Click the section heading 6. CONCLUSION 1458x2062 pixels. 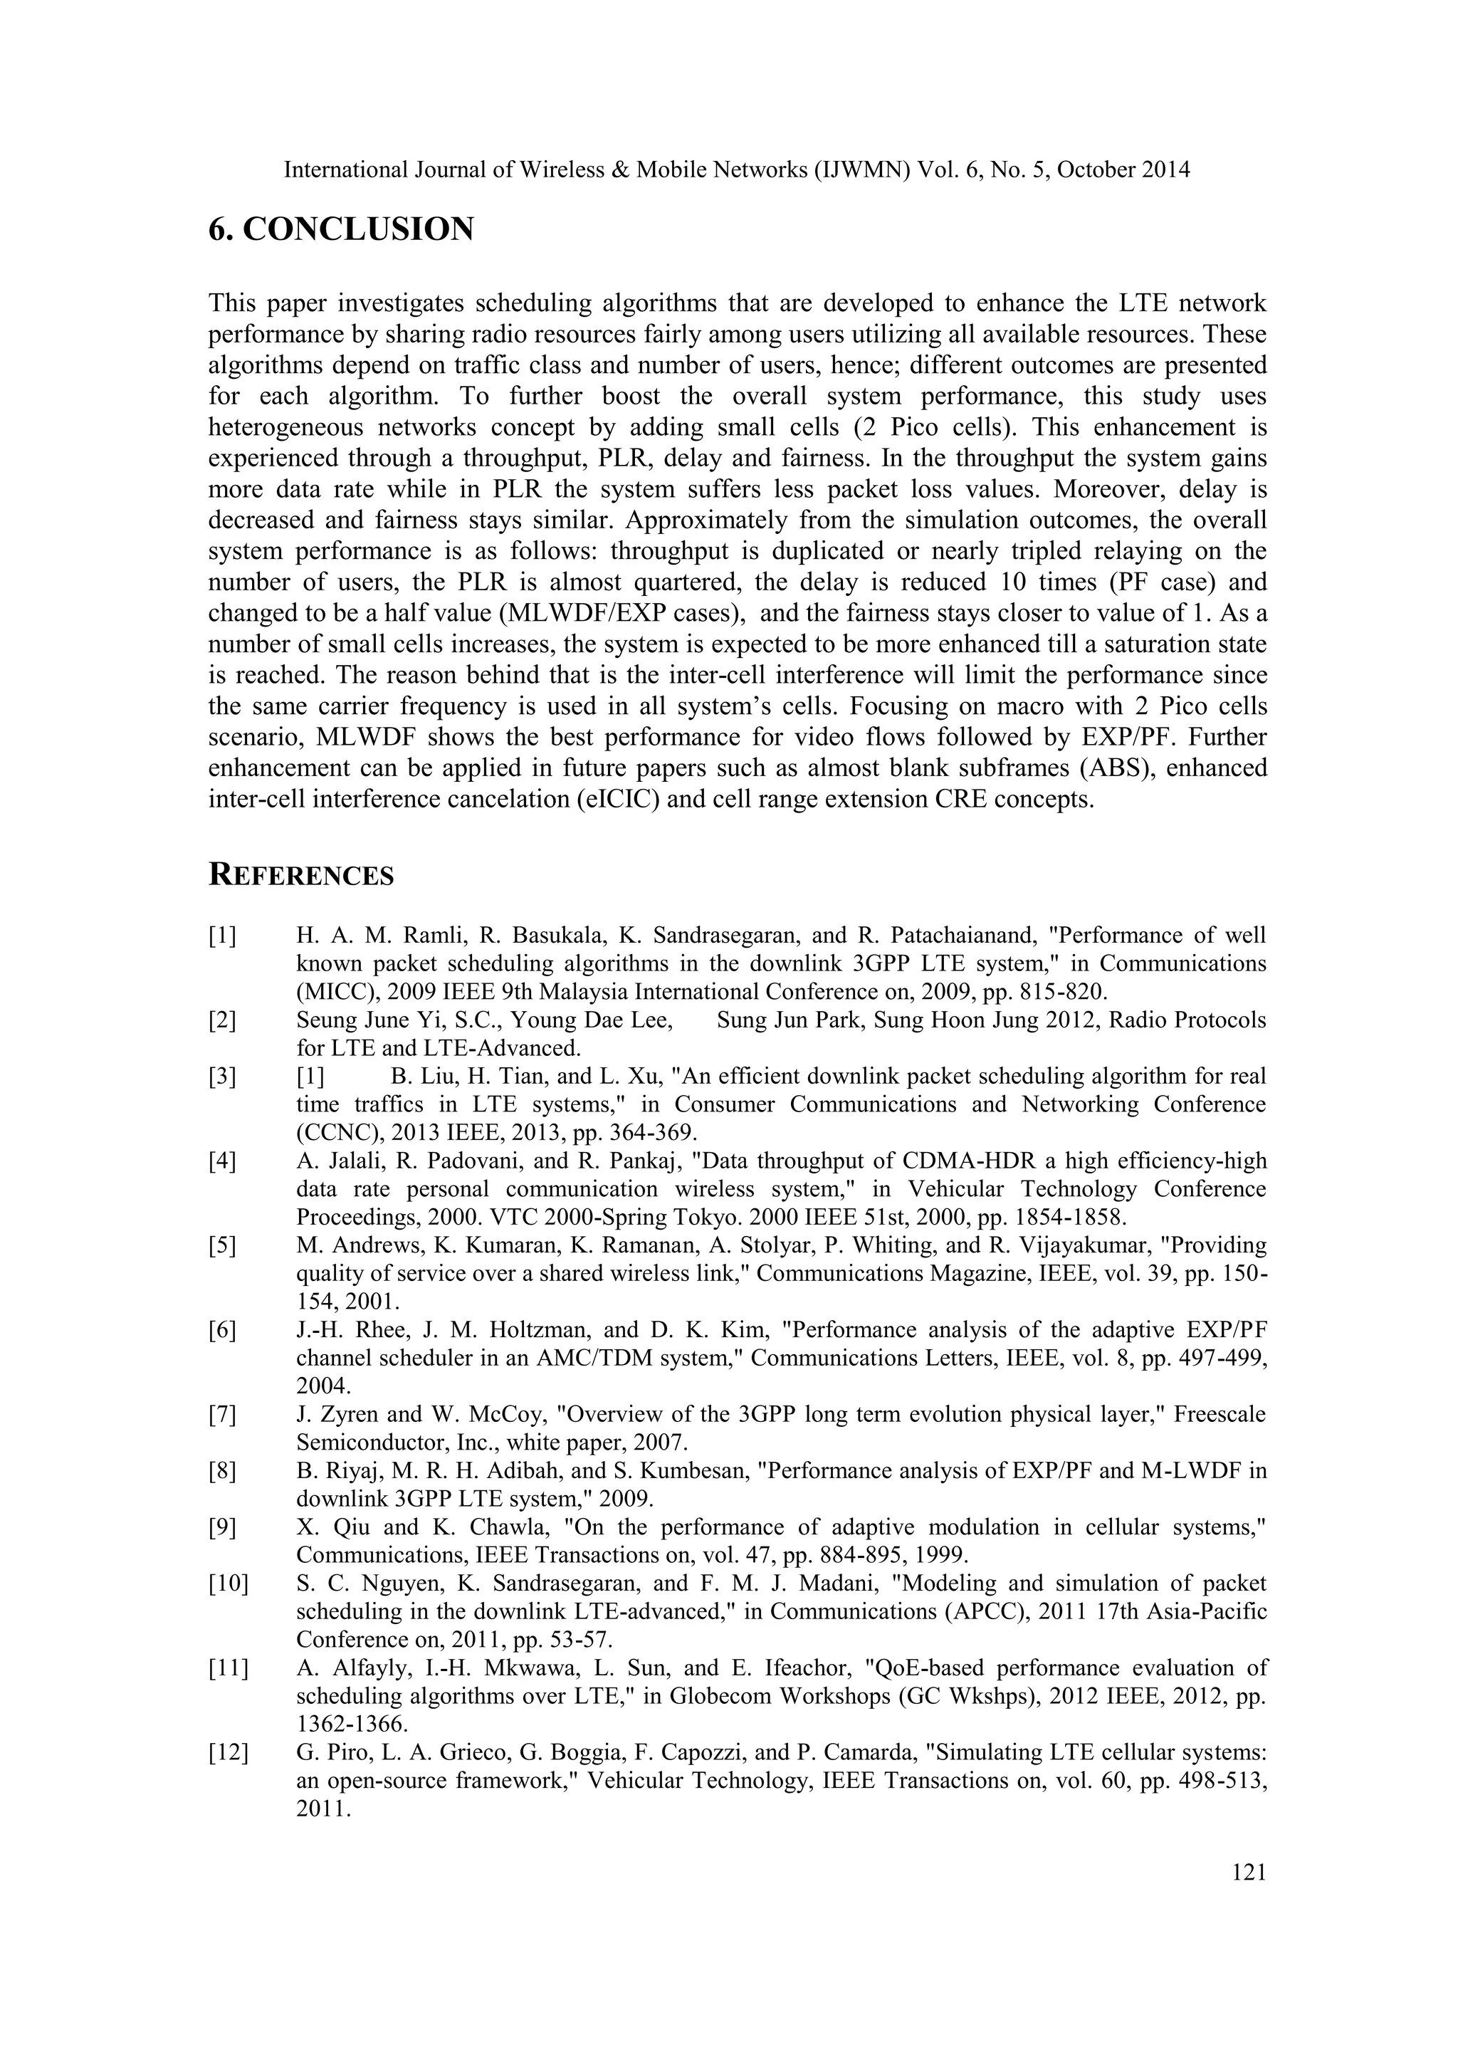[340, 230]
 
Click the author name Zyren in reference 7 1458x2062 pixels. [347, 1415]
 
